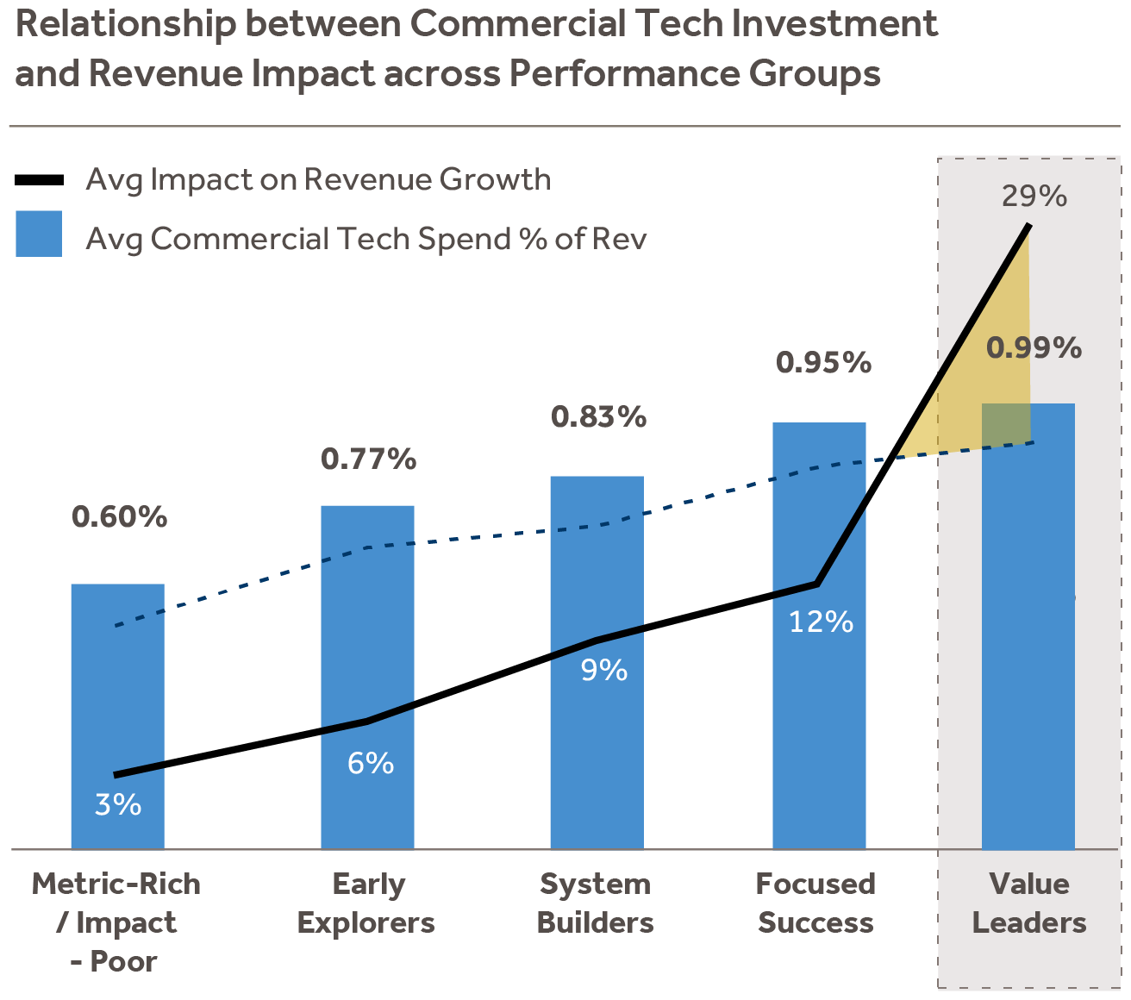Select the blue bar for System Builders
coord(597,569)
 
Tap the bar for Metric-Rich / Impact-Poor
coord(117,690)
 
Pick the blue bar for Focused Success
coord(819,517)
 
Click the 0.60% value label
coord(120,517)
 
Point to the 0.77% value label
coord(369,459)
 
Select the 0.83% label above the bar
coord(599,417)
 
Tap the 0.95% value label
coord(823,363)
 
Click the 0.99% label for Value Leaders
coord(1034,348)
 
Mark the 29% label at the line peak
coord(1034,197)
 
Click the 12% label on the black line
coord(821,622)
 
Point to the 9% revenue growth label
coord(603,670)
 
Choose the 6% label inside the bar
coord(371,763)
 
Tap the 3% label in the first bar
coord(118,804)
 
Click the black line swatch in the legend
coord(40,180)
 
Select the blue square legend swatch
coord(39,234)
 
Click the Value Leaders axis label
coord(1029,903)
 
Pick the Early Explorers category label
coord(366,903)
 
